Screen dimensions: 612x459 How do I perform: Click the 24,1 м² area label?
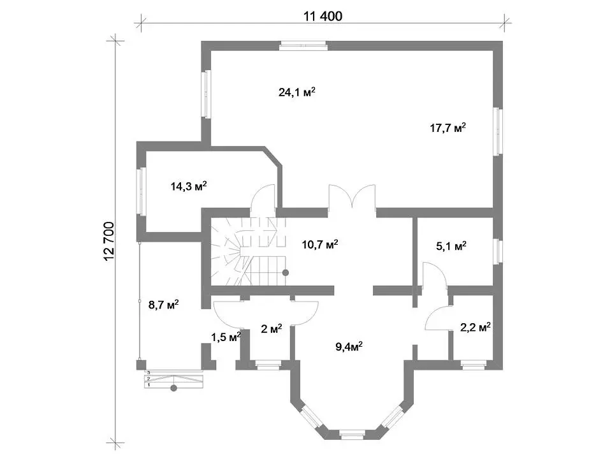pyautogui.click(x=296, y=92)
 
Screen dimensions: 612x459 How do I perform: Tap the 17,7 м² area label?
pyautogui.click(x=448, y=127)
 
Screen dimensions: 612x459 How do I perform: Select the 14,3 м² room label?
pyautogui.click(x=189, y=186)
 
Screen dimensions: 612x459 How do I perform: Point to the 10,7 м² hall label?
pyautogui.click(x=319, y=245)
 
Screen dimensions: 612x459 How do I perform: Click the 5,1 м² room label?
pyautogui.click(x=451, y=246)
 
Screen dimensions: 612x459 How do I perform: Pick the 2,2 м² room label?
pyautogui.click(x=475, y=327)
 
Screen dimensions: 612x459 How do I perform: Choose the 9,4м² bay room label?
pyautogui.click(x=349, y=346)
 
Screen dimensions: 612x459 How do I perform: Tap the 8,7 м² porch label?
pyautogui.click(x=164, y=305)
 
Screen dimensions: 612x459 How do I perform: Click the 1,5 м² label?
pyautogui.click(x=226, y=337)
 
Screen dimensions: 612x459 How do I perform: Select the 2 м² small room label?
pyautogui.click(x=272, y=329)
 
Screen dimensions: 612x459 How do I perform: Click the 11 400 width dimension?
pyautogui.click(x=323, y=16)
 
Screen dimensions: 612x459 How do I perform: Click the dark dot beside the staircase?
pyautogui.click(x=286, y=273)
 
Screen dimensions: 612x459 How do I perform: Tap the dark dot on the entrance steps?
pyautogui.click(x=173, y=388)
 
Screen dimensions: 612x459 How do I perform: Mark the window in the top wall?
pyautogui.click(x=303, y=46)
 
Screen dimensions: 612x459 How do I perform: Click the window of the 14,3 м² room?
pyautogui.click(x=141, y=191)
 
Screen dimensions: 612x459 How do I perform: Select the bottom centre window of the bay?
pyautogui.click(x=352, y=434)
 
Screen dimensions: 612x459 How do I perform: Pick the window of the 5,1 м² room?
pyautogui.click(x=498, y=251)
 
